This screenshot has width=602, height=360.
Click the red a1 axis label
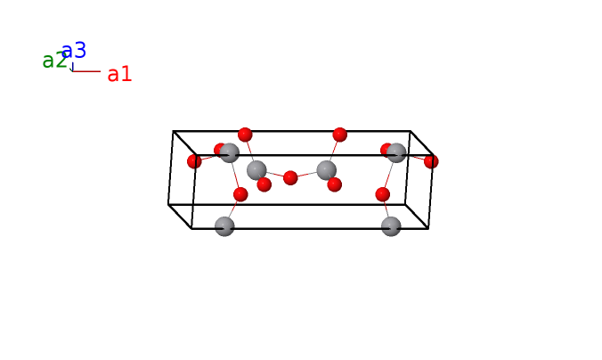pos(119,74)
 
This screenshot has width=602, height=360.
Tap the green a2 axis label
pos(53,61)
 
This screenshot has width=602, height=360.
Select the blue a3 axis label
pos(74,50)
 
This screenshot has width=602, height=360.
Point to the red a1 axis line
pos(86,71)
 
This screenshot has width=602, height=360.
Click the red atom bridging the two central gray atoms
pos(290,178)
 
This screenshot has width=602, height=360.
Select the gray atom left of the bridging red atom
pos(256,170)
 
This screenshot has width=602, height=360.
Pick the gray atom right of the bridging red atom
pos(326,170)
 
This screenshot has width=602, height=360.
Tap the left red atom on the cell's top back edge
pos(245,135)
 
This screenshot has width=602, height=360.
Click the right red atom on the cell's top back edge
pos(340,135)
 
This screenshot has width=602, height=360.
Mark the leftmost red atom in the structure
pos(194,161)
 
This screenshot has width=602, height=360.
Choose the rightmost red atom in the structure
pos(431,161)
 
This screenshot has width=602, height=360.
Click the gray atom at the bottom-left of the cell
pos(224,226)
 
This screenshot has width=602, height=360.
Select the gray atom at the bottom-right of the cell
pos(391,226)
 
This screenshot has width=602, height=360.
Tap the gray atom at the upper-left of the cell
pos(229,153)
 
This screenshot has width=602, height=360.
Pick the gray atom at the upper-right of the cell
pos(396,153)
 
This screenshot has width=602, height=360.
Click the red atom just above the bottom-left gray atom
pos(240,194)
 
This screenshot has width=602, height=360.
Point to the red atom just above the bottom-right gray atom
pos(382,194)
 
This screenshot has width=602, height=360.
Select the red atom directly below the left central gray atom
pos(264,184)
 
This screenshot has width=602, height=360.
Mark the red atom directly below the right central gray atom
pos(335,184)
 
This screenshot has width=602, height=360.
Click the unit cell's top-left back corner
pos(173,131)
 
